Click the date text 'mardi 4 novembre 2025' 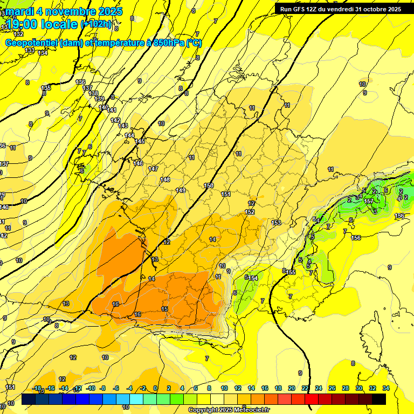tap(62, 11)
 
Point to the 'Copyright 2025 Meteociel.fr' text tap(229, 410)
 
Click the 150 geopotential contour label tap(209, 186)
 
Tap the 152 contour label tap(250, 212)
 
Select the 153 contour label tap(276, 223)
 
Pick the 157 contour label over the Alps tap(369, 201)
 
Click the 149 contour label tap(181, 190)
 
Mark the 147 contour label tap(153, 169)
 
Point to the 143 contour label tap(123, 126)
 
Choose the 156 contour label tap(356, 238)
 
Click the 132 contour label tap(18, 34)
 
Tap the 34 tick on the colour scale tap(385, 388)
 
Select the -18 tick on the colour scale tap(37, 388)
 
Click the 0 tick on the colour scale tap(155, 388)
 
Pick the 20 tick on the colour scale tap(291, 388)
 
